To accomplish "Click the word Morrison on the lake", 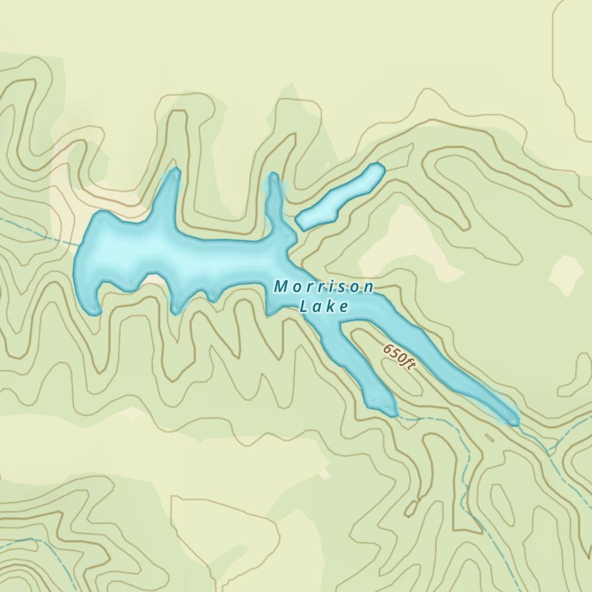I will [324, 287].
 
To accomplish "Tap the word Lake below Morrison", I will [324, 307].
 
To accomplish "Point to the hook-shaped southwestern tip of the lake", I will [95, 310].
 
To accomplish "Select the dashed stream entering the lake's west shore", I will [41, 231].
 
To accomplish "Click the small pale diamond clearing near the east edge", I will [567, 274].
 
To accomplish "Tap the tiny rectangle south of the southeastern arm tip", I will [490, 438].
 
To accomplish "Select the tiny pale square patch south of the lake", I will [324, 474].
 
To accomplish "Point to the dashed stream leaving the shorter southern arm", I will [414, 417].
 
